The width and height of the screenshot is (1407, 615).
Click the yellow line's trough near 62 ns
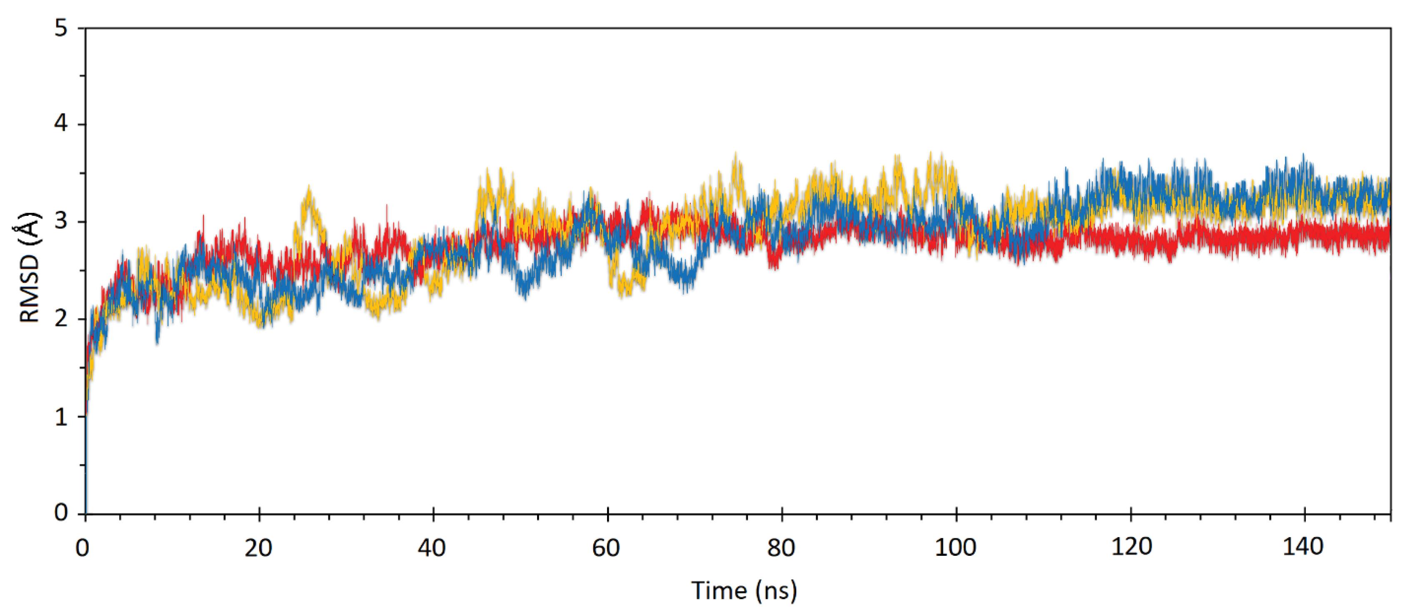click(x=622, y=295)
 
